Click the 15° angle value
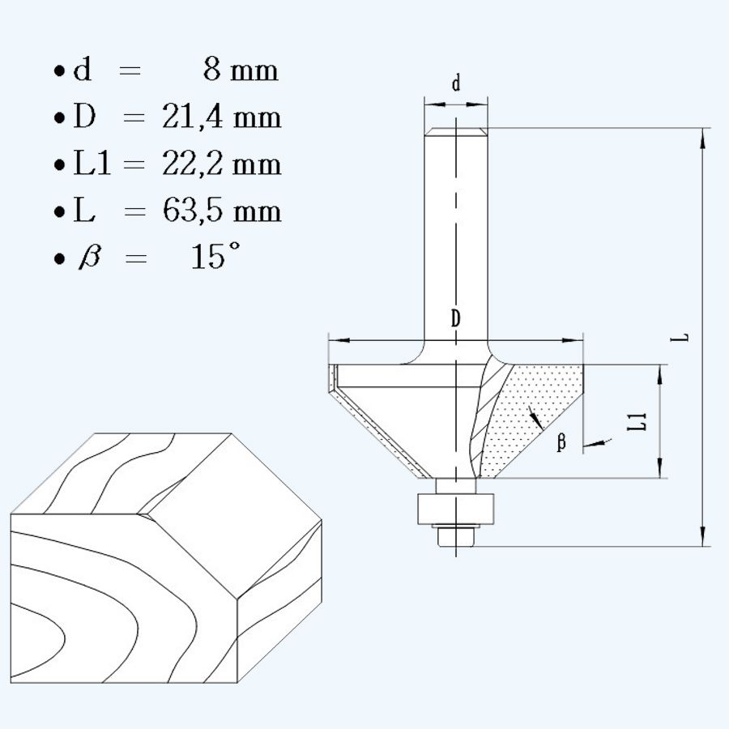[x=215, y=258]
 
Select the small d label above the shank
[x=456, y=83]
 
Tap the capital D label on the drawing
[x=456, y=319]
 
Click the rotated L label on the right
[x=684, y=336]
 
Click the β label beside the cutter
[x=561, y=443]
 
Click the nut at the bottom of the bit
[x=455, y=535]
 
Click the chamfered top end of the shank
[x=456, y=131]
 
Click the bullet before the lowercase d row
[x=59, y=72]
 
